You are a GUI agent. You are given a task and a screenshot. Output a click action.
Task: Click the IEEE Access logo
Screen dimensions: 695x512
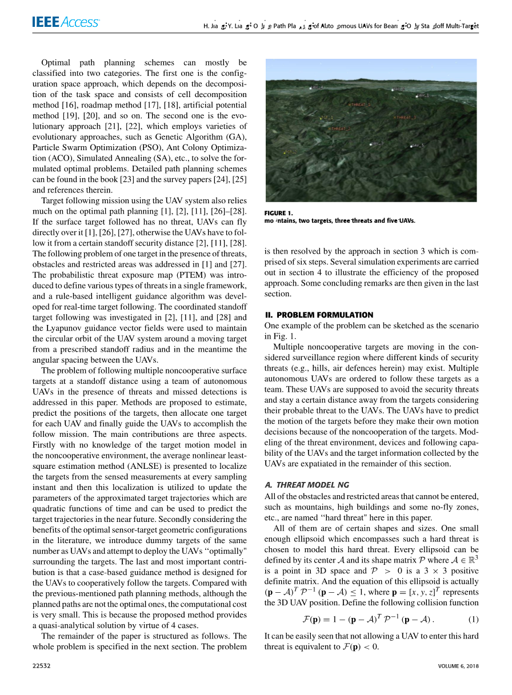pos(66,22)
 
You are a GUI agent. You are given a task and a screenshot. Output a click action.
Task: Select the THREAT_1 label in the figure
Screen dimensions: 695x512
pos(360,105)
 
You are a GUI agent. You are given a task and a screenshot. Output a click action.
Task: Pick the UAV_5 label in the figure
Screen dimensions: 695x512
pos(418,146)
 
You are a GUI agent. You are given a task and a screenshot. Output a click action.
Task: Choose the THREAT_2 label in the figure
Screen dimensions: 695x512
pos(405,118)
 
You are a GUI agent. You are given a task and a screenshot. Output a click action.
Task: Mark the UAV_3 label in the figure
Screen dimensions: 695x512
pos(377,143)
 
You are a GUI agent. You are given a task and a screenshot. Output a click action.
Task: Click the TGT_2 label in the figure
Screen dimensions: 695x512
pos(290,152)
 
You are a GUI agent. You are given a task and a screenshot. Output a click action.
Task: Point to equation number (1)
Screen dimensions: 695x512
pos(473,619)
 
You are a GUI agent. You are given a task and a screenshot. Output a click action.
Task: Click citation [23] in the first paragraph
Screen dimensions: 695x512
pos(138,180)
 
